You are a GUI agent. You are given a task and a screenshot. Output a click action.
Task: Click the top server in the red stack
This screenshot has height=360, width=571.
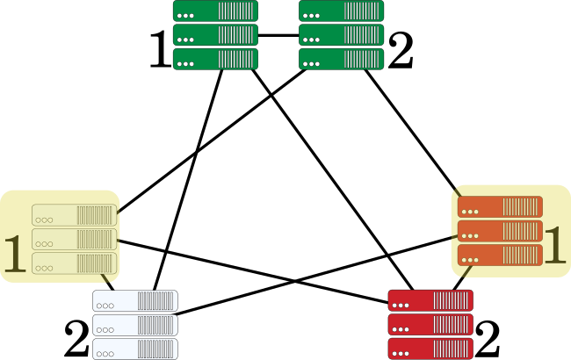(430, 300)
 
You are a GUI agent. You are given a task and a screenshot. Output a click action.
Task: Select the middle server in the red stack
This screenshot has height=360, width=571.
(430, 324)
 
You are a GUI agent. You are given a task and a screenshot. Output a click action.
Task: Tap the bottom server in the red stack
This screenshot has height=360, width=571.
(430, 348)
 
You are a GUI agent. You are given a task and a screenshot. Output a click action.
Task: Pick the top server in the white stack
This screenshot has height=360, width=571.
(135, 300)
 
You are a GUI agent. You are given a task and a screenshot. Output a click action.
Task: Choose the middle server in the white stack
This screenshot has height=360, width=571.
(135, 324)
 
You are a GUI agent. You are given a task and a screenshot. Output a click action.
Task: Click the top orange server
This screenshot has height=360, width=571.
(500, 207)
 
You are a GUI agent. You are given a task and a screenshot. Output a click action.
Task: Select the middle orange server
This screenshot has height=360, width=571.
(500, 231)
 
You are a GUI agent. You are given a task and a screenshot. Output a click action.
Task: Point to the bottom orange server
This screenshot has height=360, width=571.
(500, 255)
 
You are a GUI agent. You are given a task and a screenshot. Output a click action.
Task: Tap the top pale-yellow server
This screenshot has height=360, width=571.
(74, 215)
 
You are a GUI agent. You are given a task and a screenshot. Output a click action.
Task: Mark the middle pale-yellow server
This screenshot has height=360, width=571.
(74, 239)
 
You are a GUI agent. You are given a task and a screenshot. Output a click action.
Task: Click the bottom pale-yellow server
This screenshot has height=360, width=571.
(74, 263)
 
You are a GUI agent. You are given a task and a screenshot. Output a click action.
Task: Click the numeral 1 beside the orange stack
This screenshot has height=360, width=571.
(554, 244)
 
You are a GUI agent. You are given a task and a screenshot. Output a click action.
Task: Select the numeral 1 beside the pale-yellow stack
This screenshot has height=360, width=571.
(15, 254)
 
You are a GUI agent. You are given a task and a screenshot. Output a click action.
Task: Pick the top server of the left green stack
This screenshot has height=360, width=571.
(215, 11)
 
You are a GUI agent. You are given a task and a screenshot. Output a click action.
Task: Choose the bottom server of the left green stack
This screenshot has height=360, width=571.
(215, 59)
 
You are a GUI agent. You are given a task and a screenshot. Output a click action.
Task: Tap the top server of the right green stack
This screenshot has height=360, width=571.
(341, 11)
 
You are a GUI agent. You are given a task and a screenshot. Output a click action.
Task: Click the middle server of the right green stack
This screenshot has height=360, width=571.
(341, 35)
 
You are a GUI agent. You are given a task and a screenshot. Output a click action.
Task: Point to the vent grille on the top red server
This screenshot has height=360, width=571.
(452, 300)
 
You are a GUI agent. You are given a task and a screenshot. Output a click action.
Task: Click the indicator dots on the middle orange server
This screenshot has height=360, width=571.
(470, 236)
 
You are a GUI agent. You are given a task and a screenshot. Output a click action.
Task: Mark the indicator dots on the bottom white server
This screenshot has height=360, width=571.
(105, 353)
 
